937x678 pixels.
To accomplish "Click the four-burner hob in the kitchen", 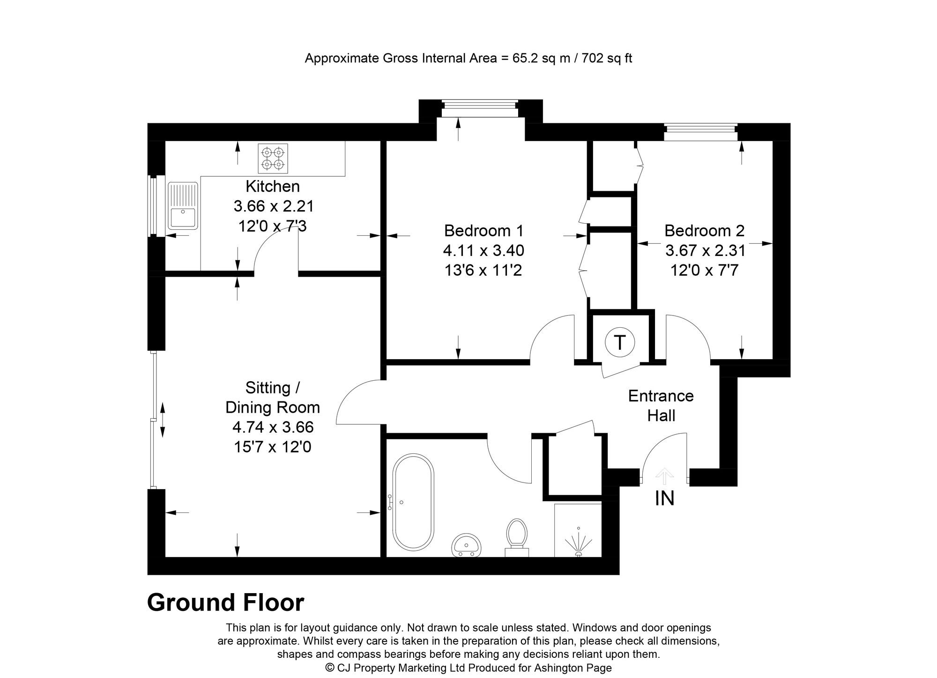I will point(273,158).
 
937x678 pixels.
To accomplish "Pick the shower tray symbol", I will point(578,530).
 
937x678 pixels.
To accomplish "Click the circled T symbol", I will point(619,343).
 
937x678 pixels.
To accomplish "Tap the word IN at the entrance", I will point(664,499).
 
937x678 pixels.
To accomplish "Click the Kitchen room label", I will point(273,187).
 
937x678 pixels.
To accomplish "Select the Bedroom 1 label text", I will point(483,231).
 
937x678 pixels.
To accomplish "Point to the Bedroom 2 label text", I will point(704,231).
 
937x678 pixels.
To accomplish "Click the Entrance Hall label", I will point(661,406).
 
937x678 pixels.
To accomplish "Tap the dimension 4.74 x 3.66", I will point(273,427).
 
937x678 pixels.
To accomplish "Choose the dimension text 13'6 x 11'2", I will point(483,271).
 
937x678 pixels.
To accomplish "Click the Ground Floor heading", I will point(225,603).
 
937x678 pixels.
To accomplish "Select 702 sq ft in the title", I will point(607,59).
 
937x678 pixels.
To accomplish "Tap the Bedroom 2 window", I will point(701,132).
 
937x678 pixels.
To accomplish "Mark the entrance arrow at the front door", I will point(664,476).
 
